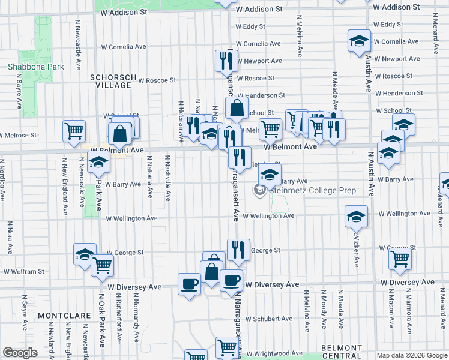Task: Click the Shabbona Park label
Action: pyautogui.click(x=35, y=67)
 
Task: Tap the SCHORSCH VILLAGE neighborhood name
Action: pyautogui.click(x=110, y=81)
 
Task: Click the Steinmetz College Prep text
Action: pyautogui.click(x=313, y=191)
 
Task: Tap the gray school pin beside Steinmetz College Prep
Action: pyautogui.click(x=260, y=191)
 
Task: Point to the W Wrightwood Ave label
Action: pyautogui.click(x=274, y=354)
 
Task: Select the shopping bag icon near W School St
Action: pyautogui.click(x=237, y=108)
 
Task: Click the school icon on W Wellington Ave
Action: pyautogui.click(x=356, y=215)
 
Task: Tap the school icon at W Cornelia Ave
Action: pyautogui.click(x=359, y=41)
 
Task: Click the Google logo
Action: pyautogui.click(x=20, y=352)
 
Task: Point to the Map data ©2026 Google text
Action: pyautogui.click(x=411, y=355)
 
